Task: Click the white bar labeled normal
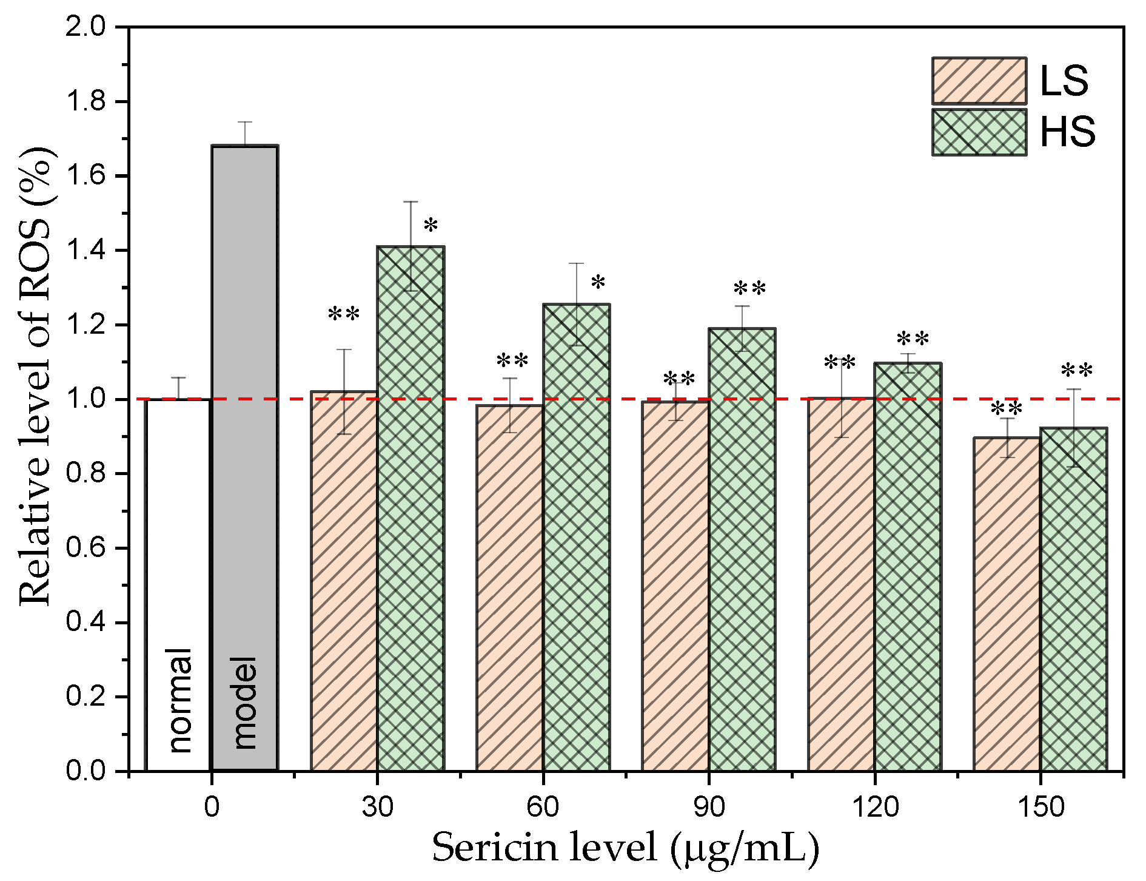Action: point(178,582)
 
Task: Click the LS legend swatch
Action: point(979,81)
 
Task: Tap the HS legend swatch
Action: point(979,132)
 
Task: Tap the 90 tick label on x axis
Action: point(709,808)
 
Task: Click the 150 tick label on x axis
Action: point(1040,808)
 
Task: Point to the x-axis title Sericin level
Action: point(625,848)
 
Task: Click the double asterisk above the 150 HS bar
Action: point(1077,371)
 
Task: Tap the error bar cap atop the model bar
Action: point(244,123)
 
